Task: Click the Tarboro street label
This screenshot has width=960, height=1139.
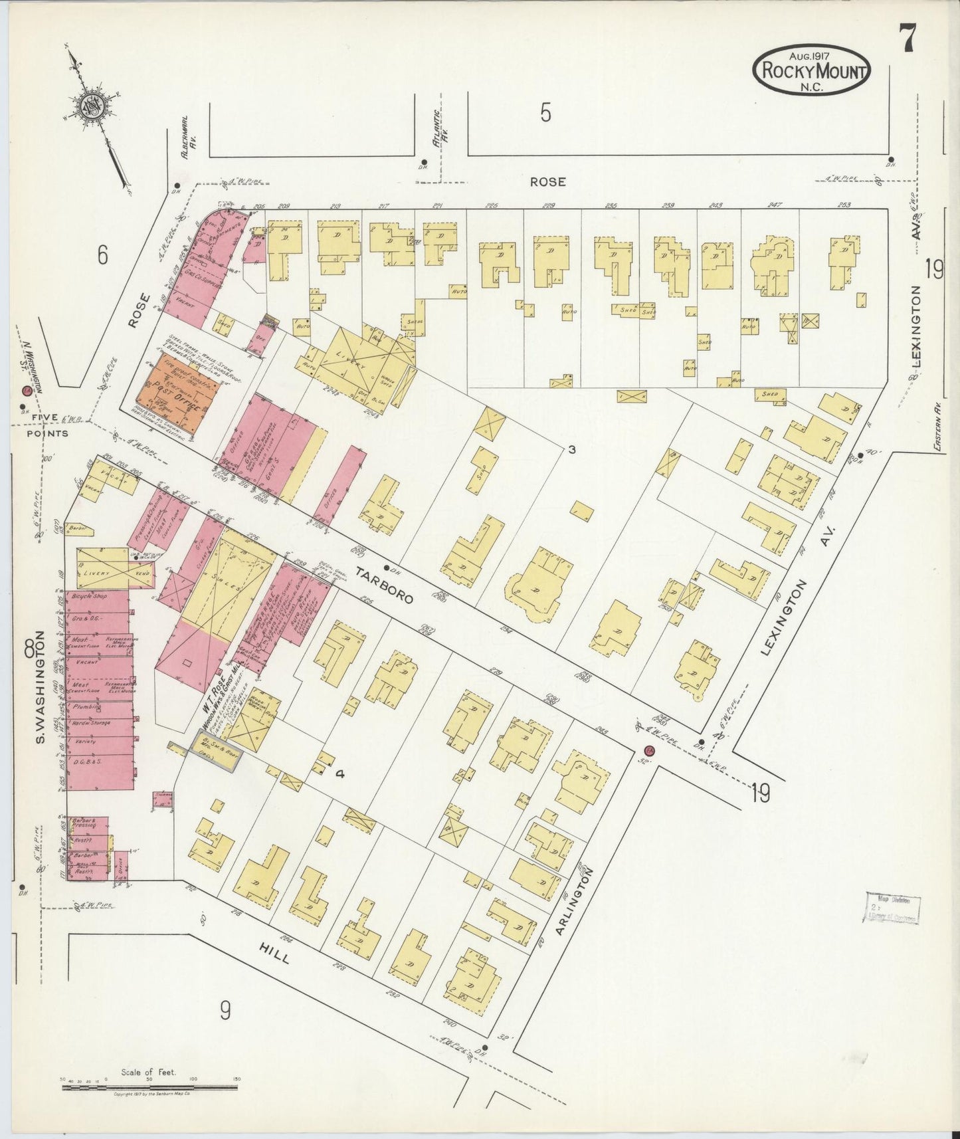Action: click(383, 585)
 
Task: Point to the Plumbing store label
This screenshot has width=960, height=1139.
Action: click(86, 707)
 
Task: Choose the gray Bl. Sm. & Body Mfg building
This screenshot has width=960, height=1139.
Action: click(216, 748)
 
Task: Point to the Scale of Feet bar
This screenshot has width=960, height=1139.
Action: click(149, 1087)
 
